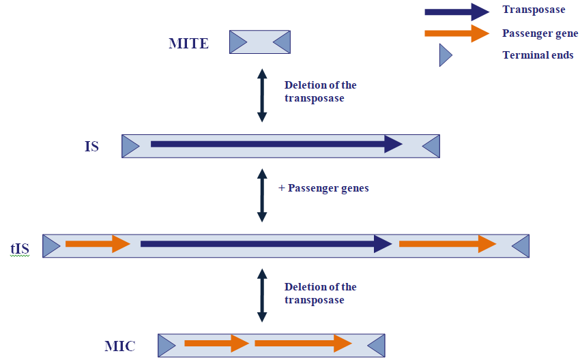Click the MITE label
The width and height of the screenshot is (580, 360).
point(188,44)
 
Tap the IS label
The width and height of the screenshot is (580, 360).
point(91,146)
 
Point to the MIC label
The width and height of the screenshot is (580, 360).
point(119,346)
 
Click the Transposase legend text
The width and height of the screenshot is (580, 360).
point(534,10)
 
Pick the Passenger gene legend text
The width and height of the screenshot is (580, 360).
point(540,33)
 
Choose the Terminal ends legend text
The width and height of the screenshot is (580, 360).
point(538,55)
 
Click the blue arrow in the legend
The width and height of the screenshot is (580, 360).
point(456,12)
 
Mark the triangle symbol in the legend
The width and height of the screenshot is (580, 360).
point(445,55)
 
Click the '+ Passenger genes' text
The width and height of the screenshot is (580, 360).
point(323,188)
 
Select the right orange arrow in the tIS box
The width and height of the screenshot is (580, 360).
point(447,243)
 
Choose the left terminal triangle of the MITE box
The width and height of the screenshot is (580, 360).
point(237,42)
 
